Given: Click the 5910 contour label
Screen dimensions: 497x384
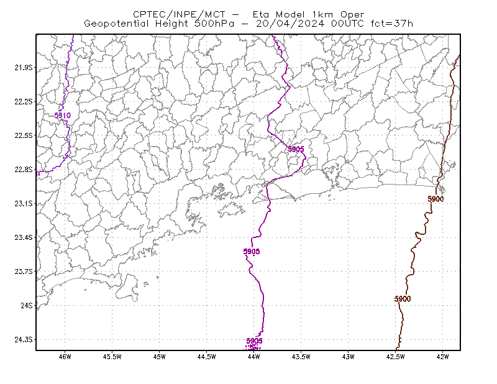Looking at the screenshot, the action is (63, 116).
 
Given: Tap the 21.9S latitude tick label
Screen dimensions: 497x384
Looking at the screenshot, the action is (24, 68).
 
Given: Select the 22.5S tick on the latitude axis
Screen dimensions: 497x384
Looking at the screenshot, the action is (24, 135).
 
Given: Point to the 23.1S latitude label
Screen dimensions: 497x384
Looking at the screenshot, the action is (24, 203).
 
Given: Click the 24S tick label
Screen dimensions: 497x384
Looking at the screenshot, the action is (27, 305).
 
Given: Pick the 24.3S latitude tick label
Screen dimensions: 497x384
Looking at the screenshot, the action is (24, 339).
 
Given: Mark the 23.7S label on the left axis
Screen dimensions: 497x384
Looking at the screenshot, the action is (24, 272).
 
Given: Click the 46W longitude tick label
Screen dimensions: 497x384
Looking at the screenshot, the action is (65, 357).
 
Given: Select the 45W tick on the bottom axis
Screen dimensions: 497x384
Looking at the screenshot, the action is (160, 357).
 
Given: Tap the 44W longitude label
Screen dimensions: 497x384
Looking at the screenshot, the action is (254, 357).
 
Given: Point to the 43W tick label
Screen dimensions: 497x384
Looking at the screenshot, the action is (349, 357).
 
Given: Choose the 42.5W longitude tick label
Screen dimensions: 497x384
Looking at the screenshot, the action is (396, 357).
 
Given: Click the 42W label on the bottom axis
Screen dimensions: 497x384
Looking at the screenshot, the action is (442, 357).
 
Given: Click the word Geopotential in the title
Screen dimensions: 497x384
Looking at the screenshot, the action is (116, 24).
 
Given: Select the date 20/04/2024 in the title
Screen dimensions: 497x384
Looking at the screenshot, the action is (290, 24).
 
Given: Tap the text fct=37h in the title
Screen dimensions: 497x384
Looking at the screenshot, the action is (392, 24).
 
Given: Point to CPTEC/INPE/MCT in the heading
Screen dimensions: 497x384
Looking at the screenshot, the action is (179, 14).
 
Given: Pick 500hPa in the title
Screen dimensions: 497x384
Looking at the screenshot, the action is (214, 24).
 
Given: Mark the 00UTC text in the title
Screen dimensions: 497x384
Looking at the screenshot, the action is (347, 24).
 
